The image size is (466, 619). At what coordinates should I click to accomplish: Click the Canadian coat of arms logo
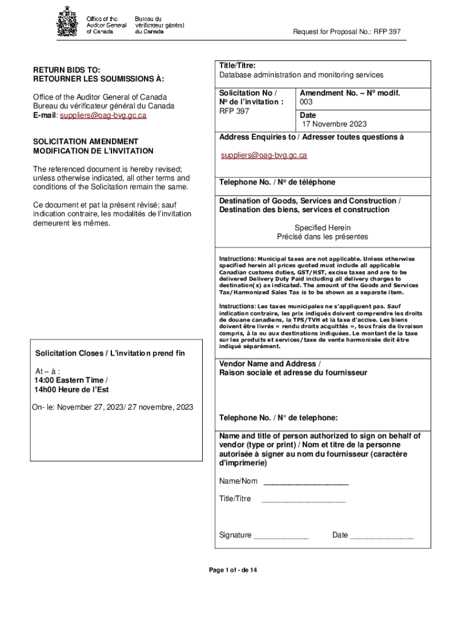pos(68,22)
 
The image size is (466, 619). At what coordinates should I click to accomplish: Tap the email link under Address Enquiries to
pos(263,155)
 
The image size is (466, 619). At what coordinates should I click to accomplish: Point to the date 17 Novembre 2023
pos(335,124)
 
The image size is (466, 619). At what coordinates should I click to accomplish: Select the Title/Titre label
pos(237,65)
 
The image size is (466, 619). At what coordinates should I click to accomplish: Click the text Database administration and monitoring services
pos(301,75)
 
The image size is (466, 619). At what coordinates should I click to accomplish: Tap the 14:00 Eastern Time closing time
pos(71,380)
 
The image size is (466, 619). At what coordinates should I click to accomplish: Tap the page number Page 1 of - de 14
pos(233,571)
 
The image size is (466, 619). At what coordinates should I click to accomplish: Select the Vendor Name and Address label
pos(270,364)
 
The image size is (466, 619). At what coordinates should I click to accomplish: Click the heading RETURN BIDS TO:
pos(67,70)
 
